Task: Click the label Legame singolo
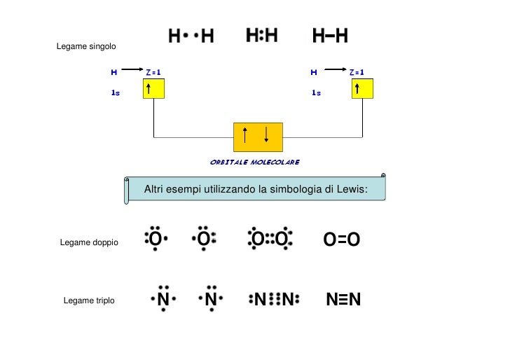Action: pyautogui.click(x=86, y=46)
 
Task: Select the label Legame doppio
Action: pyautogui.click(x=89, y=242)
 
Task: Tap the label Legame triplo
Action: pyautogui.click(x=89, y=300)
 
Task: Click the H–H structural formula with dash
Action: pyautogui.click(x=330, y=36)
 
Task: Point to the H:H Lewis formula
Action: pyautogui.click(x=262, y=36)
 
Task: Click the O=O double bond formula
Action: pyautogui.click(x=342, y=240)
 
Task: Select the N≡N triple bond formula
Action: pyautogui.click(x=343, y=300)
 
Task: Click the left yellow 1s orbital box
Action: pyautogui.click(x=153, y=88)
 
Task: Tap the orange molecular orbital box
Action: pyautogui.click(x=257, y=137)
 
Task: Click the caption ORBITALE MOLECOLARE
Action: pyautogui.click(x=255, y=162)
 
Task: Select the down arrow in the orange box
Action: pyautogui.click(x=266, y=135)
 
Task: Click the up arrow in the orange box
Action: pyautogui.click(x=244, y=135)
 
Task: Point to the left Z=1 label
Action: pyautogui.click(x=153, y=72)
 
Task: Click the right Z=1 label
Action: pyautogui.click(x=357, y=72)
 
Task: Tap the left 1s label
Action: pyautogui.click(x=115, y=92)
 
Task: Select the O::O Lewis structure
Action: pyautogui.click(x=270, y=240)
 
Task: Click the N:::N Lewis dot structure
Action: pyautogui.click(x=273, y=300)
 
